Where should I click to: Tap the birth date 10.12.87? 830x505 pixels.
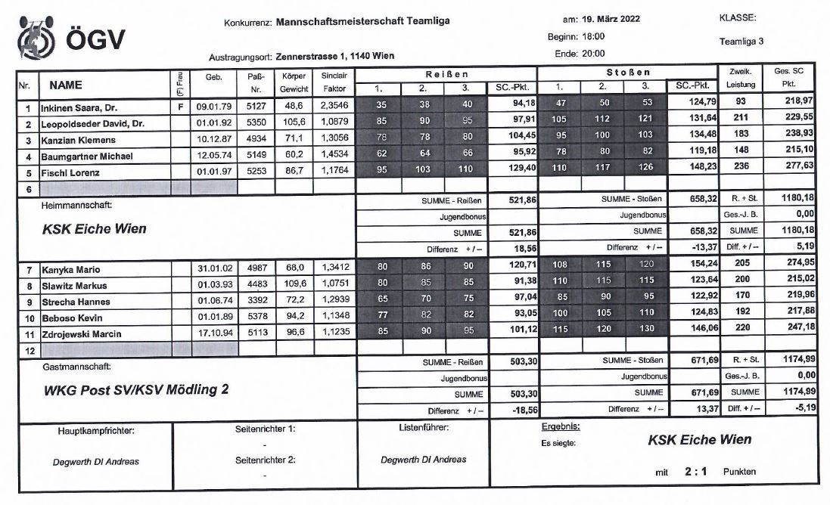click(213, 141)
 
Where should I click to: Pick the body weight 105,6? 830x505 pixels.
click(294, 125)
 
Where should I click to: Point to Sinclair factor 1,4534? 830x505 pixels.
click(334, 156)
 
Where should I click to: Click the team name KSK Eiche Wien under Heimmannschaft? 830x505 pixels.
click(94, 229)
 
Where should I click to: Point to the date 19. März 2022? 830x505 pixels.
click(611, 20)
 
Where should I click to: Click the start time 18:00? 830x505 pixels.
click(593, 37)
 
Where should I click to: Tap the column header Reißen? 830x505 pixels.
click(446, 74)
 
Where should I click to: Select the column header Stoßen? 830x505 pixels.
click(628, 74)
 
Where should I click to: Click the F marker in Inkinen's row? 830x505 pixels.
click(180, 109)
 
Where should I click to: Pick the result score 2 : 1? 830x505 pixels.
click(695, 471)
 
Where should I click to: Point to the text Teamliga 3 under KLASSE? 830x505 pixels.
click(742, 42)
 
